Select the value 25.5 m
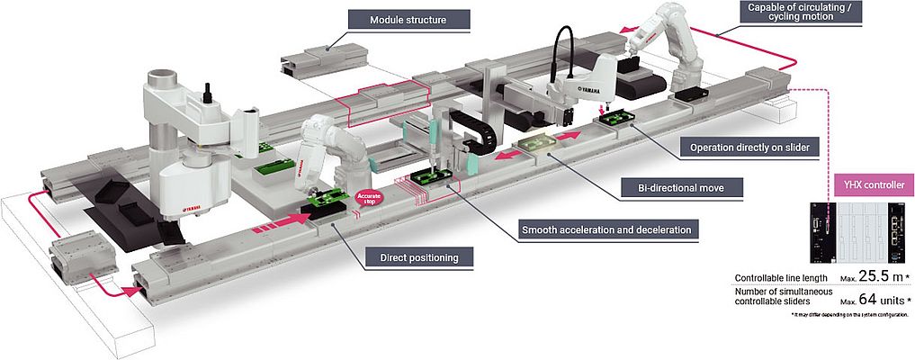[x=876, y=276]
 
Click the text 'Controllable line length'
[x=781, y=278]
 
